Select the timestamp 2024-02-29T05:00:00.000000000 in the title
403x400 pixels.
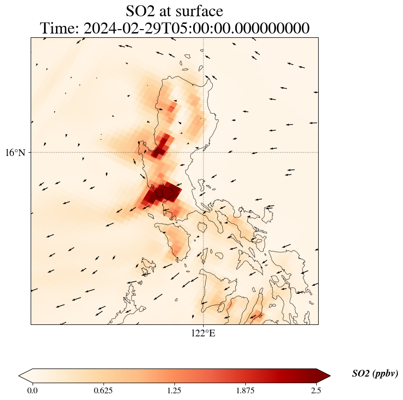click(x=196, y=28)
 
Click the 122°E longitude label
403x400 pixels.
click(x=203, y=333)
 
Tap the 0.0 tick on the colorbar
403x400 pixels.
click(x=33, y=390)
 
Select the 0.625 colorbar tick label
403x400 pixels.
click(x=104, y=390)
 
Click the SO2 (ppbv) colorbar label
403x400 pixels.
click(x=375, y=374)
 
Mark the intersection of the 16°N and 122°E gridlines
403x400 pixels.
click(x=204, y=153)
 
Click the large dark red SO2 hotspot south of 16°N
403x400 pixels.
click(x=163, y=193)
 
